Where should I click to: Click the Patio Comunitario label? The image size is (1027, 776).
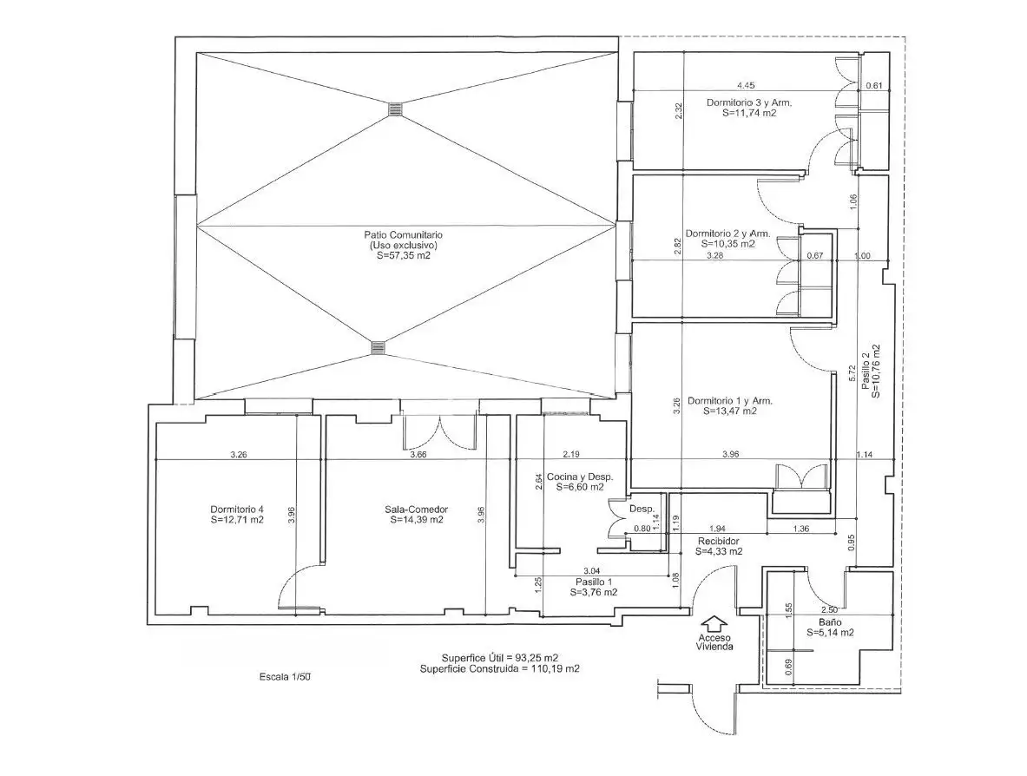(x=403, y=234)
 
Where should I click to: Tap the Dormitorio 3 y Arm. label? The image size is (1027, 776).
(x=748, y=102)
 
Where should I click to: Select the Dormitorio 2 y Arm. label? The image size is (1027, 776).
(x=727, y=233)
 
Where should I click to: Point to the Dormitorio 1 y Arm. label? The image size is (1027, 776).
(x=729, y=401)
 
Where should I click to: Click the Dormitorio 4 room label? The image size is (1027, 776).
(x=237, y=509)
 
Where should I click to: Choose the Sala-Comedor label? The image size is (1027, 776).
(x=417, y=509)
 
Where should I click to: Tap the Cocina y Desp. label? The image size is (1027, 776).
(x=580, y=477)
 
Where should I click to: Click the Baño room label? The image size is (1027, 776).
(x=830, y=622)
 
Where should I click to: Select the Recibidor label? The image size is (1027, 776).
(x=719, y=541)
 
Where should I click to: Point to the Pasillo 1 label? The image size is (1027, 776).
(x=594, y=582)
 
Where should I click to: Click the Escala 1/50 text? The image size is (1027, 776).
(x=284, y=677)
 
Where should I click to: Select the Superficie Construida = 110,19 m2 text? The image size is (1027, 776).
(x=500, y=668)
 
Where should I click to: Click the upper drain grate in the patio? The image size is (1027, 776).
(x=395, y=109)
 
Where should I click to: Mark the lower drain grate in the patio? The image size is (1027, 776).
(x=379, y=348)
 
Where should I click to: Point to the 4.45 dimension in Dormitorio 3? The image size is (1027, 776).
(x=746, y=85)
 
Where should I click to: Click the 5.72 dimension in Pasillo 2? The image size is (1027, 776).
(x=853, y=374)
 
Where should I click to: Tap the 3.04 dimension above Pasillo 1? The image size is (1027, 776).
(x=591, y=571)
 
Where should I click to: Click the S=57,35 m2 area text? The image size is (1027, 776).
(x=404, y=256)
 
